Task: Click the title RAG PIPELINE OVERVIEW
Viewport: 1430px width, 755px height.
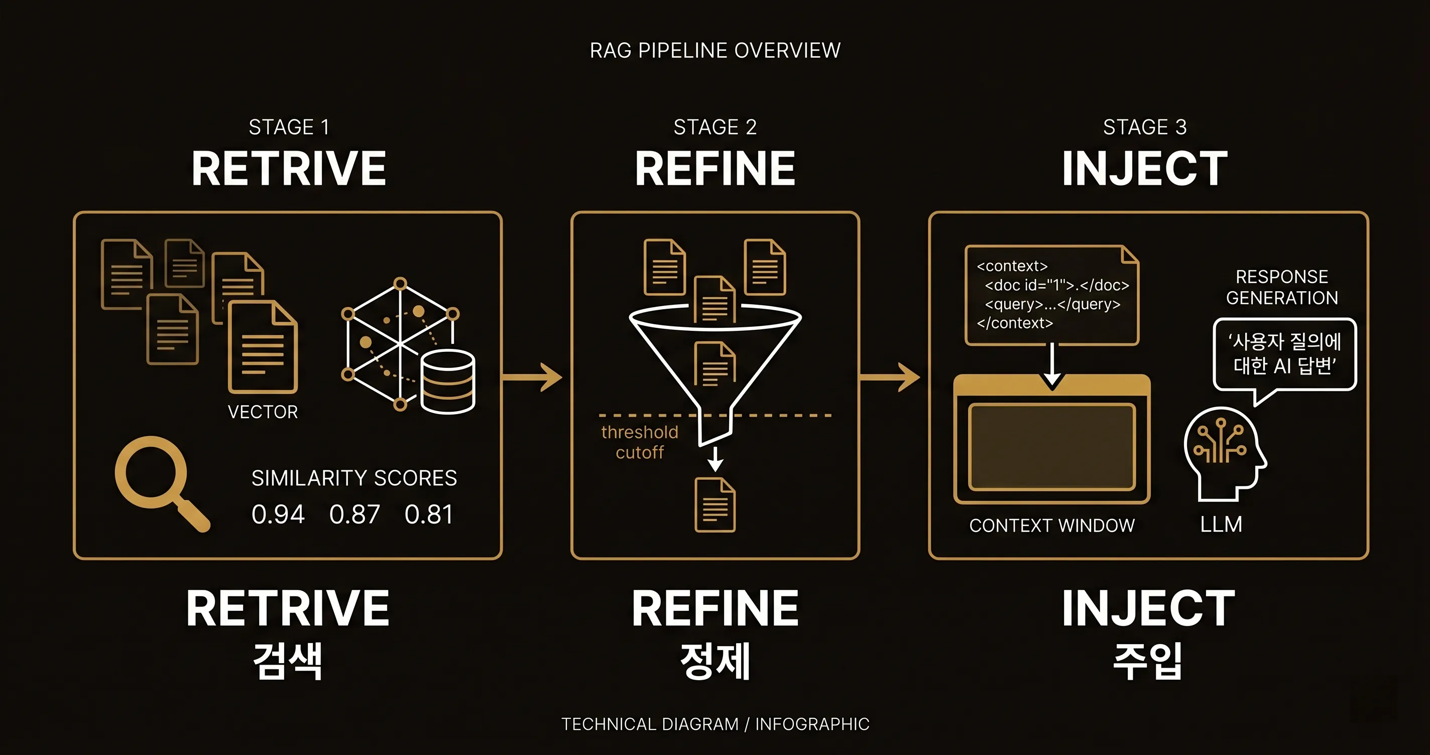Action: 715,51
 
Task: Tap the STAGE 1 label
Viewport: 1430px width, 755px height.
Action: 289,127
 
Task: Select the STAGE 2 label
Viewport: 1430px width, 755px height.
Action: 715,127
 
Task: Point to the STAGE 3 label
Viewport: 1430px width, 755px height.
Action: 1145,127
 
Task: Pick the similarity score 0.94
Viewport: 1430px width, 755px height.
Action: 278,514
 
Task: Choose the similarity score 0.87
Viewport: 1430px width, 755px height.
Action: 354,514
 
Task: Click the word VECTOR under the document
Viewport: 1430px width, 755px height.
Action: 263,412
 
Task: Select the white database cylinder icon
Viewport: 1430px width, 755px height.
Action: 447,382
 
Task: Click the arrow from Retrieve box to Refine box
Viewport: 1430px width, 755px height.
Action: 533,377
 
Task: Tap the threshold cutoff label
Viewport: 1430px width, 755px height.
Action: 640,442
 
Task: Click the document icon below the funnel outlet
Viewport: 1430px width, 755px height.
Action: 715,505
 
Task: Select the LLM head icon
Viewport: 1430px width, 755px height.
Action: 1224,452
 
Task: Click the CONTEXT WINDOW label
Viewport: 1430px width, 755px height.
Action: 1051,526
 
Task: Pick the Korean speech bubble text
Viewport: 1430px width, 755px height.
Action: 1284,353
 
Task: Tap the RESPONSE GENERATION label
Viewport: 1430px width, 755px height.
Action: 1282,287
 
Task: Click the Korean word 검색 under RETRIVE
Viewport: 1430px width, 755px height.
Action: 288,661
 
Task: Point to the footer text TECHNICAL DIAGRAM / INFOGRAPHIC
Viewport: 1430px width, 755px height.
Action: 715,724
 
